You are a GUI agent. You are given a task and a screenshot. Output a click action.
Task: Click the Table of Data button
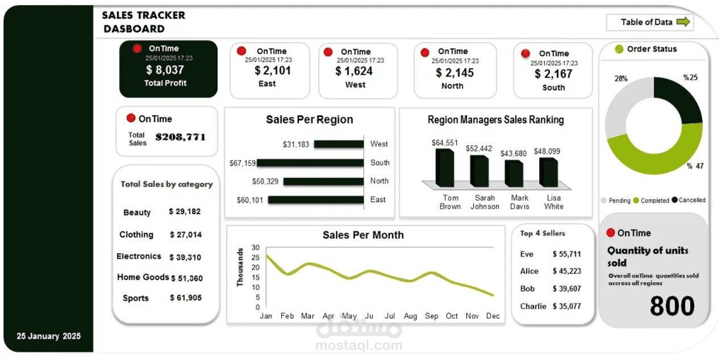[x=650, y=22]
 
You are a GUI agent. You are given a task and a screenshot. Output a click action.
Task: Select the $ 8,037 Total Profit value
[x=164, y=70]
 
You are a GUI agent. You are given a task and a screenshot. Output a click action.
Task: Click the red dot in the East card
[x=241, y=51]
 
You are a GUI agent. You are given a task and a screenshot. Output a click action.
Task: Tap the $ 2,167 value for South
[x=553, y=74]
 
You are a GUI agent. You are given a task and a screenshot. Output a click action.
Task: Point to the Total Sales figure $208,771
[x=181, y=137]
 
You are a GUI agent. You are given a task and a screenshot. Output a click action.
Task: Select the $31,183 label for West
[x=295, y=145]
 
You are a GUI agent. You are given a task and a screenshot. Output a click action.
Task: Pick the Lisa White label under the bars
[x=553, y=202]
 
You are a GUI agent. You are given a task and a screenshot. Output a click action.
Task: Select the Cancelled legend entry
[x=691, y=201]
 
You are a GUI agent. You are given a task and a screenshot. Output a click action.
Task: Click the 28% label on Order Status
[x=621, y=79]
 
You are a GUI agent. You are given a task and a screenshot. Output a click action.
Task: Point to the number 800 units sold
[x=672, y=306]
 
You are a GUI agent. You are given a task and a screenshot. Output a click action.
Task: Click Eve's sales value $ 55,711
[x=567, y=254]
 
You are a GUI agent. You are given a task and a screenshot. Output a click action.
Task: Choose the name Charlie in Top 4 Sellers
[x=533, y=307]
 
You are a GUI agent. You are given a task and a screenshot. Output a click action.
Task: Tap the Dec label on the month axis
[x=493, y=316]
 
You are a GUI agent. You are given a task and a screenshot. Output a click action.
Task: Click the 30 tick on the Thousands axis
[x=256, y=247]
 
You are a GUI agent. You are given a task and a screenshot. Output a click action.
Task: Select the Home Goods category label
[x=142, y=277]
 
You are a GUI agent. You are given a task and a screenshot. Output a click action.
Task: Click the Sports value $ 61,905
[x=186, y=298]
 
